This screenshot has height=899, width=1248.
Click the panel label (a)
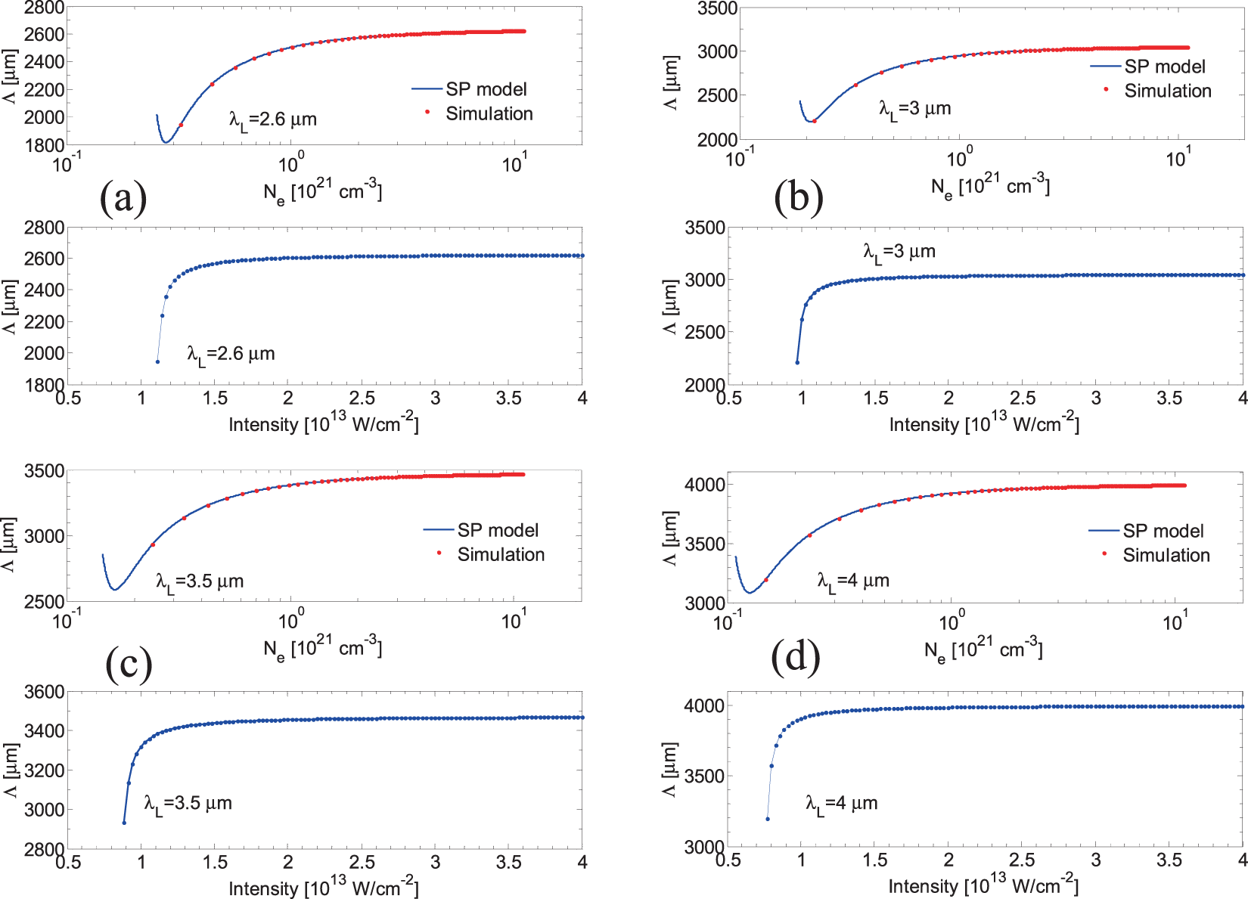click(x=123, y=197)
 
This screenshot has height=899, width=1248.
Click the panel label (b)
click(x=798, y=197)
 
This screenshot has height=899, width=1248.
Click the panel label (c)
click(x=129, y=663)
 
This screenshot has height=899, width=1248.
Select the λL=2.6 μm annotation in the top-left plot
click(x=273, y=120)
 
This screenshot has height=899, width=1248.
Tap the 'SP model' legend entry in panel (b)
click(x=1164, y=67)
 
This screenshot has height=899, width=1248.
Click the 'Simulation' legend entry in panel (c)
click(x=501, y=554)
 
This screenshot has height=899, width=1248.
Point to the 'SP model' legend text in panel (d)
click(x=1163, y=531)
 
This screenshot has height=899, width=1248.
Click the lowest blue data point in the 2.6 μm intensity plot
click(x=157, y=361)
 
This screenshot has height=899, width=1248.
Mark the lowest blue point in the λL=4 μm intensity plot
click(x=768, y=819)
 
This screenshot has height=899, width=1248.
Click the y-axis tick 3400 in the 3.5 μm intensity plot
click(x=44, y=730)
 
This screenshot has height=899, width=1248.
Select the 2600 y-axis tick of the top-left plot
click(x=44, y=34)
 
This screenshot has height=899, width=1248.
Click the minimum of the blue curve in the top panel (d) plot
click(x=749, y=592)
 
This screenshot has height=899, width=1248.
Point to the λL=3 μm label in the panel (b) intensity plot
click(x=899, y=252)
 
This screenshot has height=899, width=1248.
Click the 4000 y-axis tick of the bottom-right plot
click(x=704, y=705)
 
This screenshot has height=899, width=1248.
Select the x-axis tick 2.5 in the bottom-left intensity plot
click(x=362, y=863)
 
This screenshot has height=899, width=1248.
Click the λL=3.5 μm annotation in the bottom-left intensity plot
click(x=188, y=804)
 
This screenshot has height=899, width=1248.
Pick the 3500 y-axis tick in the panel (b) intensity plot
click(x=704, y=228)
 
